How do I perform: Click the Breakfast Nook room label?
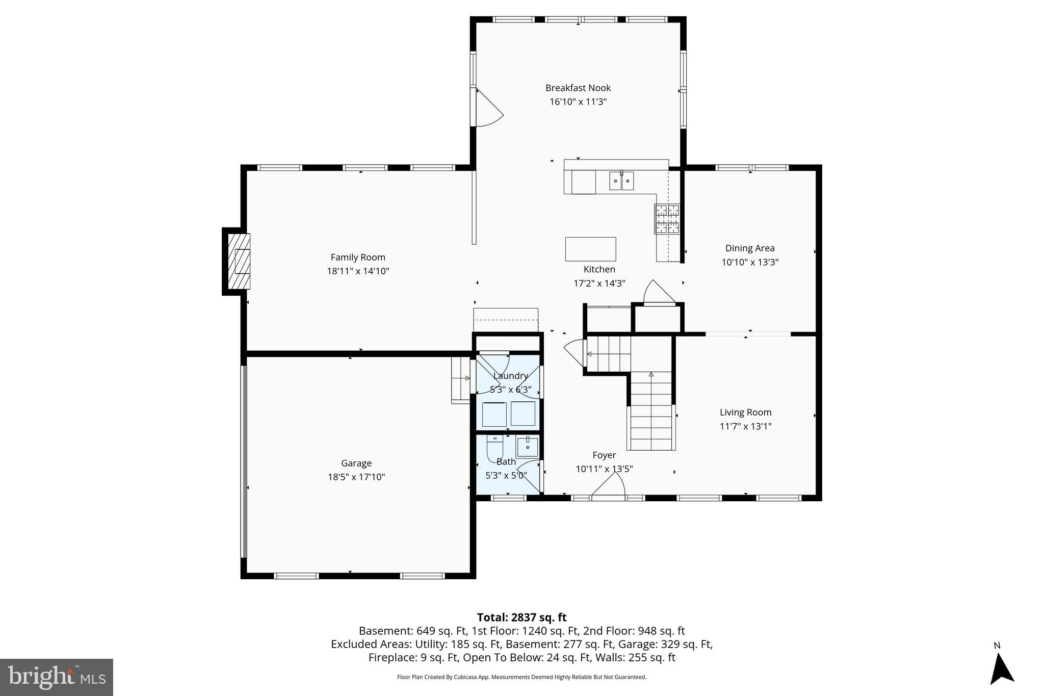click(x=578, y=88)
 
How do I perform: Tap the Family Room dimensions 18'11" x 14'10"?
click(x=358, y=271)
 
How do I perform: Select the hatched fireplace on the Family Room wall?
click(x=239, y=261)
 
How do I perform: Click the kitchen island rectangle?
click(x=590, y=249)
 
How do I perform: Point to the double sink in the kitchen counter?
click(x=621, y=181)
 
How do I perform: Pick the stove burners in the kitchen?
click(x=667, y=219)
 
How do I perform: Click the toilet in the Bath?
click(x=494, y=447)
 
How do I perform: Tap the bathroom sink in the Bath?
click(x=527, y=447)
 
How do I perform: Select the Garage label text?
click(x=356, y=463)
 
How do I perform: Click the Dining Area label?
click(x=749, y=248)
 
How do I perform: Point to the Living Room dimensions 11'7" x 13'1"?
click(x=745, y=426)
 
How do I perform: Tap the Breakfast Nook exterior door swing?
click(x=488, y=108)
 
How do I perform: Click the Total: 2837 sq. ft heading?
click(x=521, y=617)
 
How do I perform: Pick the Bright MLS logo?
click(x=57, y=677)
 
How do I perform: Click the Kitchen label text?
click(x=599, y=269)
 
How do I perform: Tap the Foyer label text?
click(x=604, y=455)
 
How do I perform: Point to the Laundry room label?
click(x=510, y=376)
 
